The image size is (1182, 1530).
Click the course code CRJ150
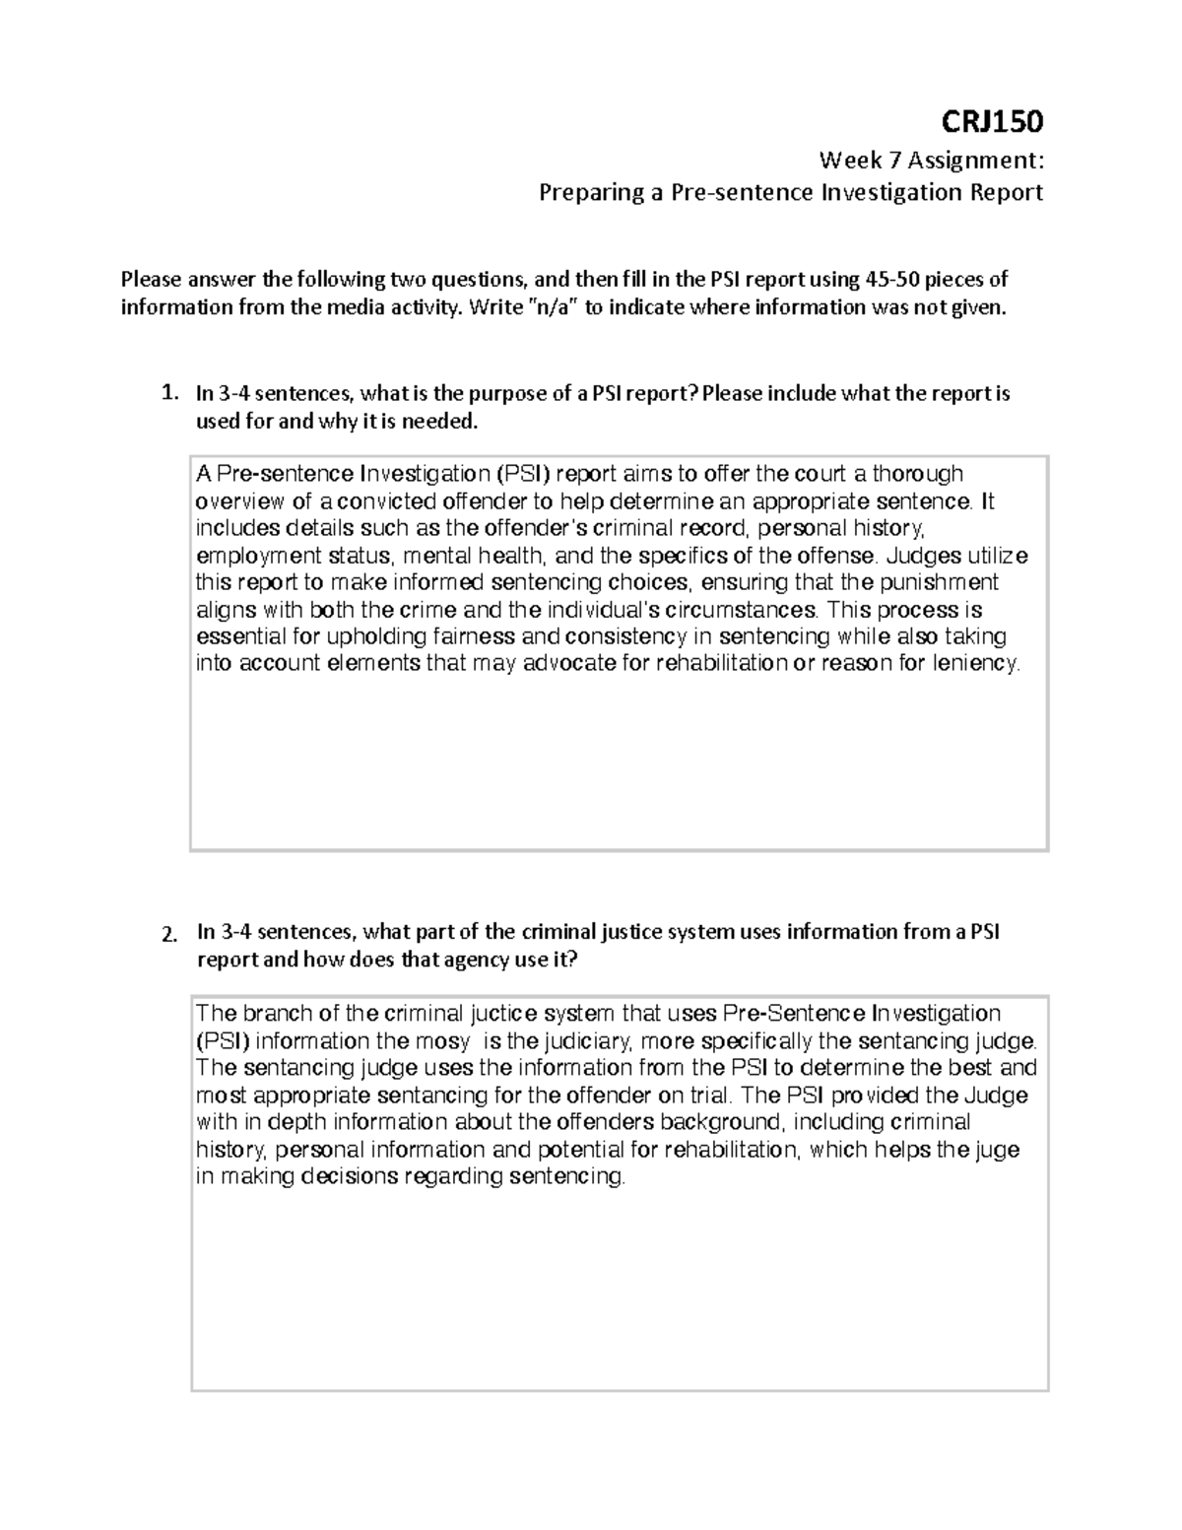[x=1001, y=122]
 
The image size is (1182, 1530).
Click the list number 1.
[x=168, y=393]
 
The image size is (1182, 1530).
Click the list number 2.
[x=168, y=933]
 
